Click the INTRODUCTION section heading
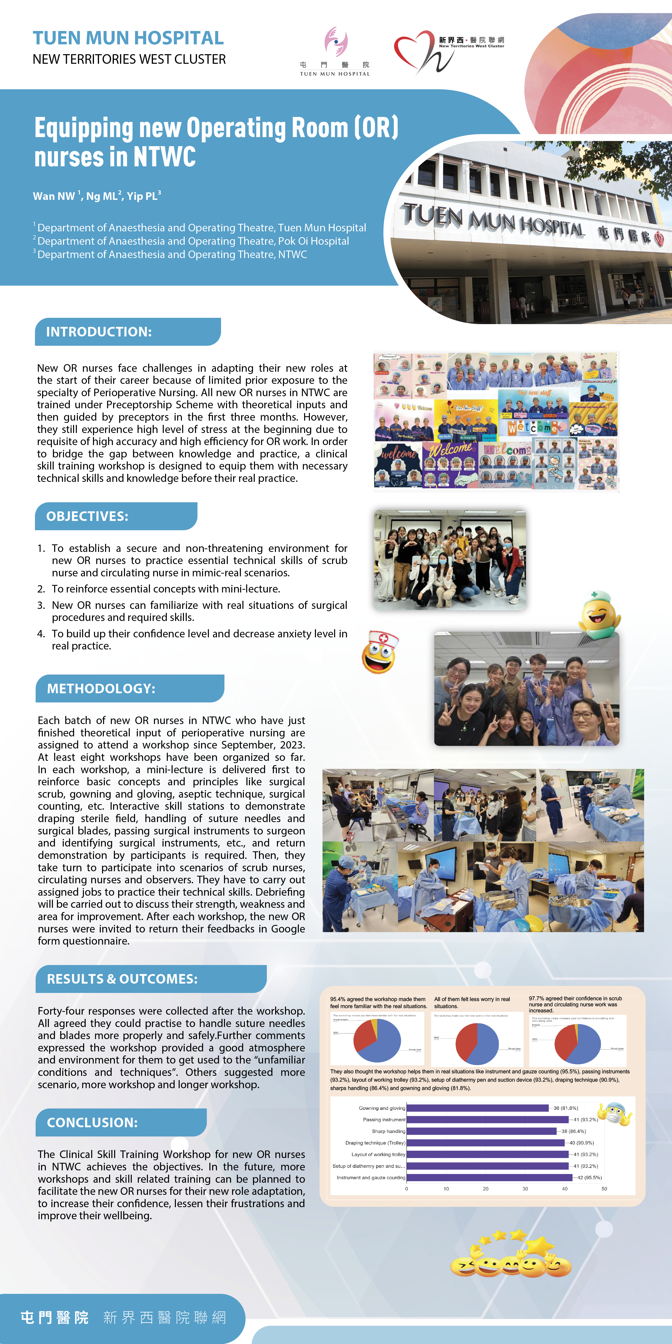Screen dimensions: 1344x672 [x=99, y=332]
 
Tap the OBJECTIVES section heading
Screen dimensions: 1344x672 [x=87, y=517]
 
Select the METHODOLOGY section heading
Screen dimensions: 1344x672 [x=101, y=689]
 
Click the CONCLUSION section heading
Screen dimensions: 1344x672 [x=92, y=1123]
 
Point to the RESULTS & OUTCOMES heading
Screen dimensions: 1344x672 [x=122, y=979]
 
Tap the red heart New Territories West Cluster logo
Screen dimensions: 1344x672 [x=418, y=51]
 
